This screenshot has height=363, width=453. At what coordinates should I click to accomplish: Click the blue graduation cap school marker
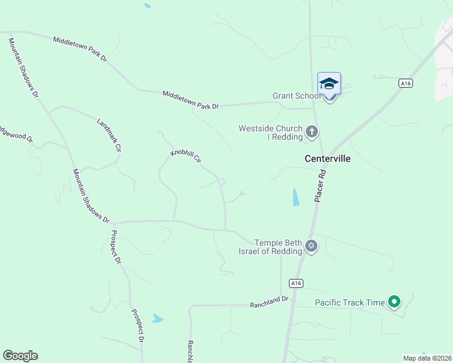pos(329,83)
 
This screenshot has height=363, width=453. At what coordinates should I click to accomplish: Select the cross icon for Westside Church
pos(312,132)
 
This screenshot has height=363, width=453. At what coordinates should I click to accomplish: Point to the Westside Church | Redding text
pos(270,132)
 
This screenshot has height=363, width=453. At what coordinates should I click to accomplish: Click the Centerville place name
pos(327,159)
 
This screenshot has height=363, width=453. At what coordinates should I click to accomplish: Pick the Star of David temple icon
pos(311,246)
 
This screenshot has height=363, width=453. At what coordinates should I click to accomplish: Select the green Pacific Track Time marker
pos(394,301)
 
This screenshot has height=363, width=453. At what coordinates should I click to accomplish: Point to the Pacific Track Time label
pos(349,302)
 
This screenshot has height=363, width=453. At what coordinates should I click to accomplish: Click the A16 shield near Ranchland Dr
pos(295,283)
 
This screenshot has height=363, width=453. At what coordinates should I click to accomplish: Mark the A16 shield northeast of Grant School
pos(406,83)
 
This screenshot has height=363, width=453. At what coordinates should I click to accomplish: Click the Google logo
pos(20,356)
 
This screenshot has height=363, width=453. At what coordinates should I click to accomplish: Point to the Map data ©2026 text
pos(427,358)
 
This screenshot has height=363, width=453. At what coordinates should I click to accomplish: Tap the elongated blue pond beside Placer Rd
pos(295,197)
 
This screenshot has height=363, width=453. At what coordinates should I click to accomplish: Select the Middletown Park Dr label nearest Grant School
pos(190,99)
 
